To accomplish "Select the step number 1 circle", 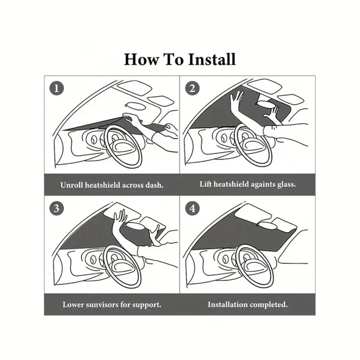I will pyautogui.click(x=56, y=88).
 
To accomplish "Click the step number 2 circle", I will pyautogui.click(x=192, y=88).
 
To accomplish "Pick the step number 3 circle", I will pyautogui.click(x=56, y=208).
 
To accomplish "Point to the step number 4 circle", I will pyautogui.click(x=192, y=208).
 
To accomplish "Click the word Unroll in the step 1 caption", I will pyautogui.click(x=72, y=184).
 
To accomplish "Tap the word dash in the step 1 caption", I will pyautogui.click(x=153, y=184).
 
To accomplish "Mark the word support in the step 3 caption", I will pyautogui.click(x=147, y=305).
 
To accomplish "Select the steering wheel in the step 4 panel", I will pyautogui.click(x=254, y=265).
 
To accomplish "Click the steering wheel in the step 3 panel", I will pyautogui.click(x=122, y=265).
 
